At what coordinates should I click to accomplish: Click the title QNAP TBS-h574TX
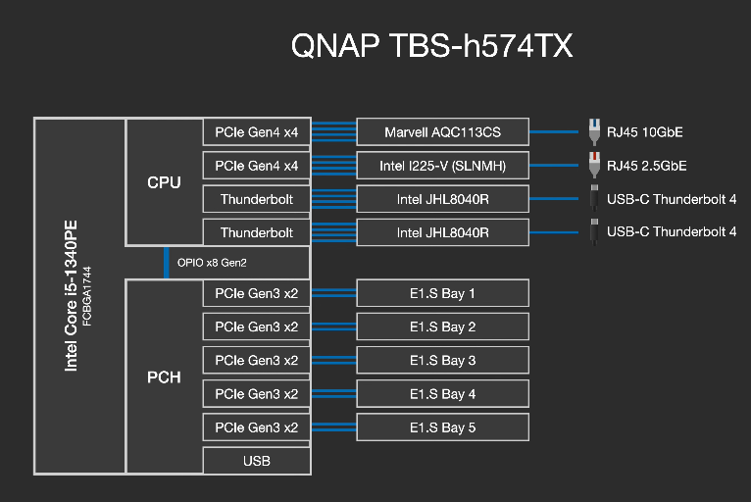[x=432, y=46]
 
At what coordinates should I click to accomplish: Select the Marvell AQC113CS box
[x=442, y=131]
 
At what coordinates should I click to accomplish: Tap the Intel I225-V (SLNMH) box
[x=442, y=166]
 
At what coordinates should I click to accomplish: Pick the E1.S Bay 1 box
[x=442, y=293]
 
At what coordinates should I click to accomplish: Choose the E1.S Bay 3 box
[x=442, y=360]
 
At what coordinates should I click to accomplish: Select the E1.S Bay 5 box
[x=442, y=427]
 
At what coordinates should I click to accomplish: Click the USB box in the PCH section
[x=256, y=461]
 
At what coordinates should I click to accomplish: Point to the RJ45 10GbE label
[x=646, y=131]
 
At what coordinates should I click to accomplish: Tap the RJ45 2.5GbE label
[x=646, y=166]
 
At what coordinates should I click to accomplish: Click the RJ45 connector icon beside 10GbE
[x=593, y=130]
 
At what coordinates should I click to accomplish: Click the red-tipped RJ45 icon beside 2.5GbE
[x=593, y=165]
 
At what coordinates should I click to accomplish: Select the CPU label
[x=164, y=182]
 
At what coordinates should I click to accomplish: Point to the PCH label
[x=164, y=376]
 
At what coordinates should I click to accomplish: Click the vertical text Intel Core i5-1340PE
[x=72, y=294]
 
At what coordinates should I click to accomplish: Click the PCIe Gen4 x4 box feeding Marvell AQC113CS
[x=256, y=131]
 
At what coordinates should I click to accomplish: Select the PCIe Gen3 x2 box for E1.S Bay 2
[x=256, y=326]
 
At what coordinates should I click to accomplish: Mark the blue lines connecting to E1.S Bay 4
[x=333, y=394]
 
